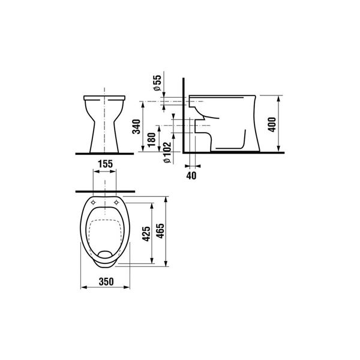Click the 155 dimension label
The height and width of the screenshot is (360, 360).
point(106,164)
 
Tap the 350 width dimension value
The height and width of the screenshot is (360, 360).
point(106,281)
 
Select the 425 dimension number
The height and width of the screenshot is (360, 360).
point(146,234)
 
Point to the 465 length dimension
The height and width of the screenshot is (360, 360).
point(160,231)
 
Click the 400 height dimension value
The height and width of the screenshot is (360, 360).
point(272,124)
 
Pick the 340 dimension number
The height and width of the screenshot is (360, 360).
point(136,127)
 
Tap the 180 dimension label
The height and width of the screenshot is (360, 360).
point(152,140)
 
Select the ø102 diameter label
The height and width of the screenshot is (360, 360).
point(167,152)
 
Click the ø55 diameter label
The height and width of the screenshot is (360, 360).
point(157,83)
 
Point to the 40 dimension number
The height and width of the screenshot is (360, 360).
point(191,176)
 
